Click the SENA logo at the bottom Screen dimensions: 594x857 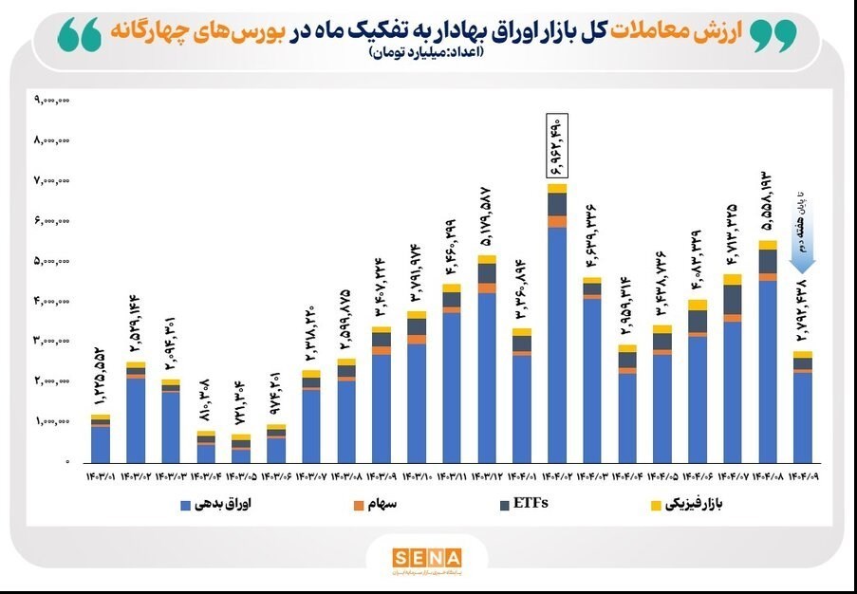427,557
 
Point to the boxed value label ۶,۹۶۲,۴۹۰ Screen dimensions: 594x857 556,145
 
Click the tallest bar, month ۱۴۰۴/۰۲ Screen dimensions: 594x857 557,323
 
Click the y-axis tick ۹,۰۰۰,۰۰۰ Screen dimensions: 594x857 53,99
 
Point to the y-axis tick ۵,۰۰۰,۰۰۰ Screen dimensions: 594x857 53,260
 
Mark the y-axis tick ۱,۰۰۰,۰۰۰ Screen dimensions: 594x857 53,420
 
